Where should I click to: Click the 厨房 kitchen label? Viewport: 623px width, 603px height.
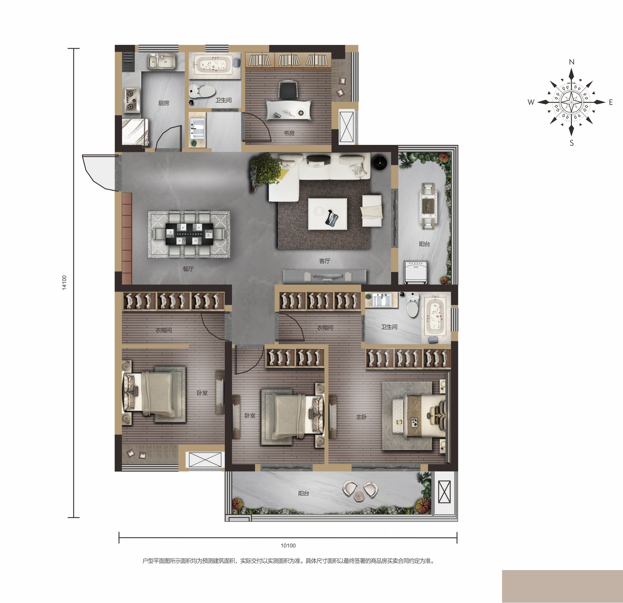[x=164, y=103]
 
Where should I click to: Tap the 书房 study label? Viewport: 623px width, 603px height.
[x=289, y=133]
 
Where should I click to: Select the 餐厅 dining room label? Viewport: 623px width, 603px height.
[x=188, y=269]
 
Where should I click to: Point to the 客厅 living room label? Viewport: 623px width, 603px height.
[x=325, y=261]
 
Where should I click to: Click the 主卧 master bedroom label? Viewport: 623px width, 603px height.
[x=361, y=417]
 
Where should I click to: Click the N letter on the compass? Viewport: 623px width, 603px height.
[x=572, y=62]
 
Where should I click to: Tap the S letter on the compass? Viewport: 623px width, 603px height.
[x=572, y=143]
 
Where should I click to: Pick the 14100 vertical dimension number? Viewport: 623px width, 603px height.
[x=64, y=282]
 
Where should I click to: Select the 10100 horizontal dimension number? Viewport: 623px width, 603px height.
[x=288, y=546]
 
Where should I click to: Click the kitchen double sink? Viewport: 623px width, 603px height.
[x=162, y=61]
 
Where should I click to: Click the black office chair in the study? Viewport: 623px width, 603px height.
[x=288, y=90]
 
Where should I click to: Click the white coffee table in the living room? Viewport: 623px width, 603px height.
[x=328, y=214]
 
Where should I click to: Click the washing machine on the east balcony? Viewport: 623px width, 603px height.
[x=415, y=272]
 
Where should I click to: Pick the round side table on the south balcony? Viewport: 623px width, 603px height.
[x=359, y=497]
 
